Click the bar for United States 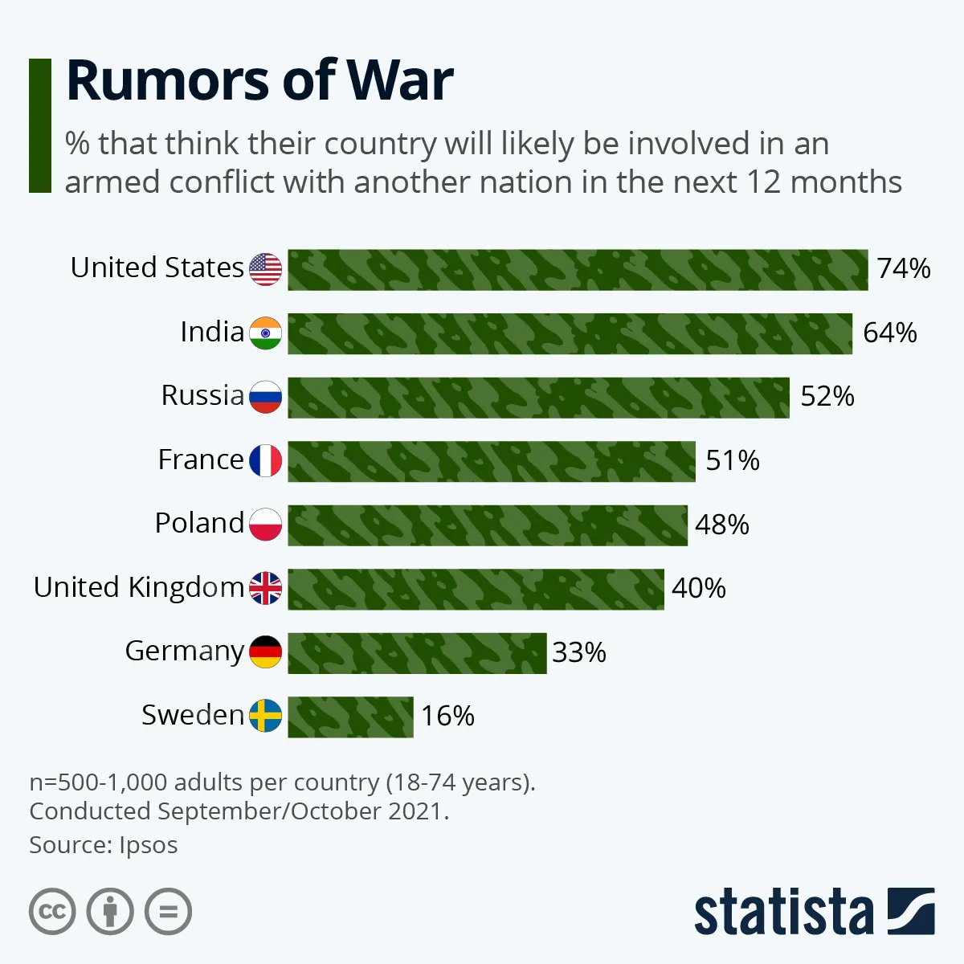click(x=578, y=270)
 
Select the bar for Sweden click(x=350, y=717)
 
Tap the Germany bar click(x=417, y=653)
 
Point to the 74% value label click(x=904, y=268)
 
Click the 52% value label click(x=827, y=396)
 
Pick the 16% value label click(x=447, y=716)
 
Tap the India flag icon click(x=265, y=333)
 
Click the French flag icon click(x=265, y=460)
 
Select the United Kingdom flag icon click(x=265, y=588)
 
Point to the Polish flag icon click(x=265, y=524)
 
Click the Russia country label click(x=202, y=395)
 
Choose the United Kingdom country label click(x=138, y=587)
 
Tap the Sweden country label click(x=193, y=714)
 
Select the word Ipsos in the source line click(x=149, y=845)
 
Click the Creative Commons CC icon click(x=52, y=912)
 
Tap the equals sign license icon click(x=169, y=912)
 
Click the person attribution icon click(x=110, y=912)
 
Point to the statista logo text click(x=783, y=913)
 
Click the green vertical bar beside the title click(x=40, y=125)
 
